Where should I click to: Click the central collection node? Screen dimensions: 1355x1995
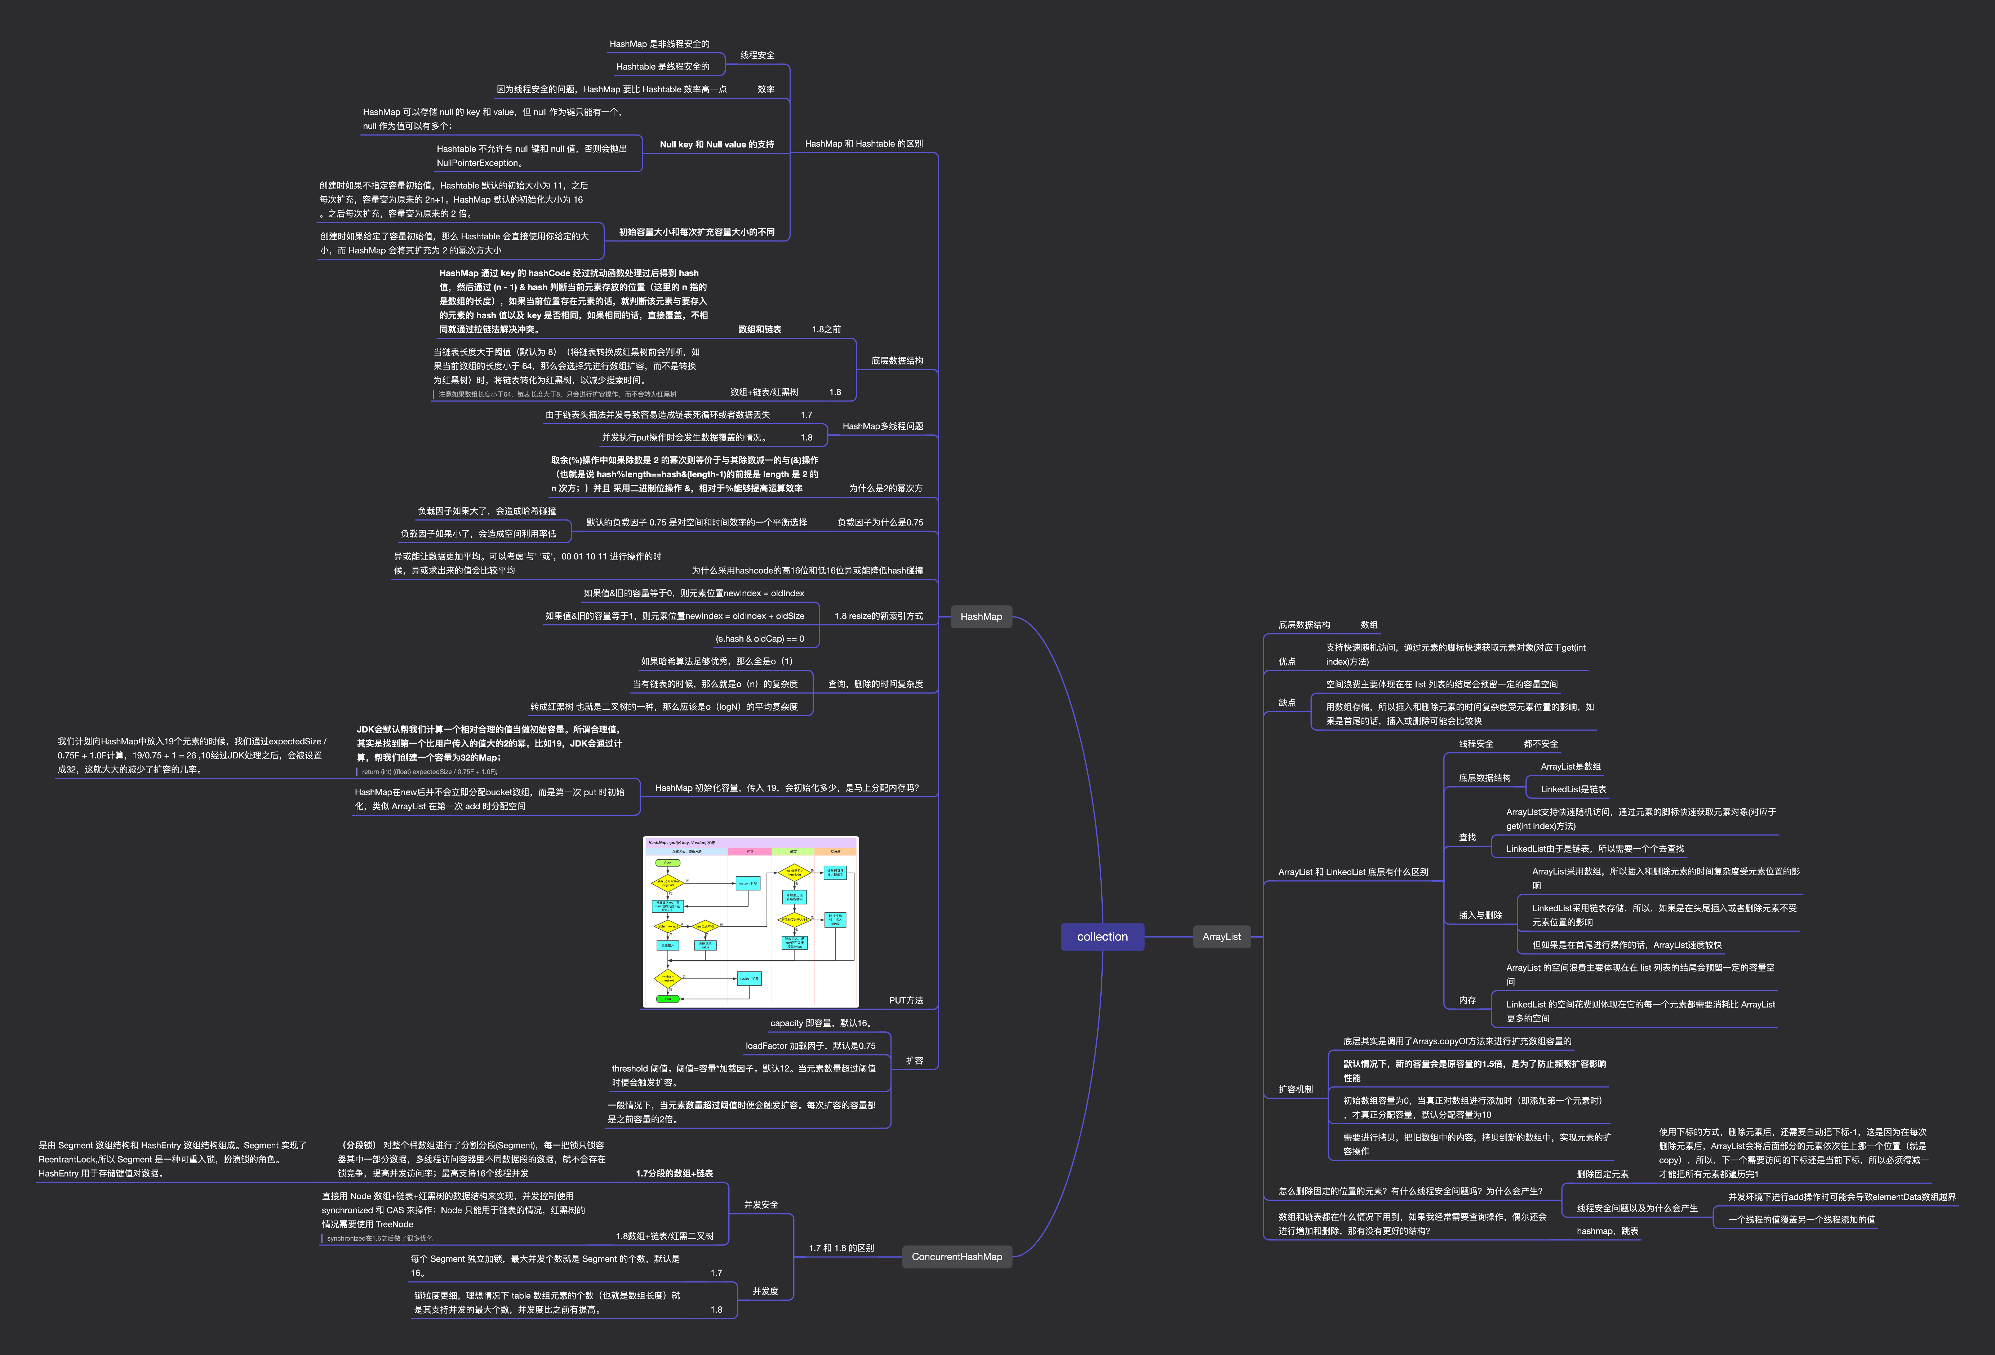1102,937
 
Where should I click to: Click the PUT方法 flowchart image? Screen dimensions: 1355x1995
750,921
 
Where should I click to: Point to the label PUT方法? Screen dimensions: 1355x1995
906,1000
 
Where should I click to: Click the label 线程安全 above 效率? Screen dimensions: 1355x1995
757,55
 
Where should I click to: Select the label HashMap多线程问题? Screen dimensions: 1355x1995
883,426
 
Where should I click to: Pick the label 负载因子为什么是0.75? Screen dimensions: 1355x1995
880,522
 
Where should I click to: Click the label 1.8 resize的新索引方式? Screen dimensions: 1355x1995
878,616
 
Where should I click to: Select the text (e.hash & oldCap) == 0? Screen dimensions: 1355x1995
760,639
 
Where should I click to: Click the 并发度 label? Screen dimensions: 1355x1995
765,1292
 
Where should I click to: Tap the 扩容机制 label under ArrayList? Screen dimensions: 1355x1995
1296,1089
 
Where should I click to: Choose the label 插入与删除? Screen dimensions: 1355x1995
1480,915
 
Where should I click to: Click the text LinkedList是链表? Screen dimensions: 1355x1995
1573,789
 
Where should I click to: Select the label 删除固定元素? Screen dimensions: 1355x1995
1602,1174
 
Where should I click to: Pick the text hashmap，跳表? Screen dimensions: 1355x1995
1607,1231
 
